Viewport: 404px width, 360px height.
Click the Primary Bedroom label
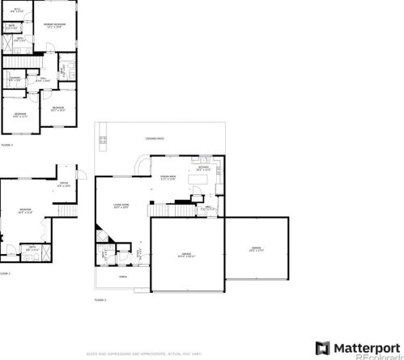55,25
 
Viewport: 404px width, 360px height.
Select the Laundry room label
15,78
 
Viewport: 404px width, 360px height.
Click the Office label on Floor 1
64,184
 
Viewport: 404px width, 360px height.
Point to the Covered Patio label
155,139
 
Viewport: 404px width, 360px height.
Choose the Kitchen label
202,170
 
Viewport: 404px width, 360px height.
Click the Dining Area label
168,178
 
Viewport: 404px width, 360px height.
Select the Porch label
123,276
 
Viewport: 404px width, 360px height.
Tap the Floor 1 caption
5,273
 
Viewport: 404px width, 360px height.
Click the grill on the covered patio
102,144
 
